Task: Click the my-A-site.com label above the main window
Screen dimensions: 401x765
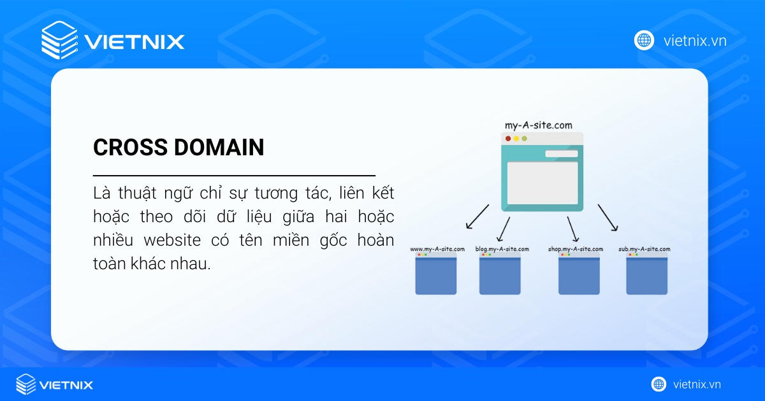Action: (x=539, y=125)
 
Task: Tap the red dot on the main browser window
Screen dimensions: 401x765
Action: (x=508, y=139)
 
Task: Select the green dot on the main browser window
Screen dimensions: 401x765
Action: (x=524, y=139)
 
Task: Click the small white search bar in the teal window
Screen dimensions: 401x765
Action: (x=561, y=154)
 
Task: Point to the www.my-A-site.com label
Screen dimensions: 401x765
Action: (x=437, y=249)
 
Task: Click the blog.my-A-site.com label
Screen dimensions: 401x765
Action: (x=502, y=249)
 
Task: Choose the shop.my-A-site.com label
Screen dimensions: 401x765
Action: (x=575, y=249)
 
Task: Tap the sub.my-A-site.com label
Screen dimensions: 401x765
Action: (x=644, y=249)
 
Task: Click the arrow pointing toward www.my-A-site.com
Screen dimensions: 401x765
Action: (x=477, y=217)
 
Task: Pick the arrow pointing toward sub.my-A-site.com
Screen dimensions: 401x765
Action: (x=608, y=218)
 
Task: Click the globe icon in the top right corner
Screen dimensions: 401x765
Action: (x=644, y=41)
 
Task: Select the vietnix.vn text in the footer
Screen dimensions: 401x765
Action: (x=697, y=384)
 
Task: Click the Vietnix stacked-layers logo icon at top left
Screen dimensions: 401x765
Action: (x=59, y=41)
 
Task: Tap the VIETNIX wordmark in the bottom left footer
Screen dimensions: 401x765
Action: (x=66, y=384)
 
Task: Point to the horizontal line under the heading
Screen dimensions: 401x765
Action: (x=234, y=174)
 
